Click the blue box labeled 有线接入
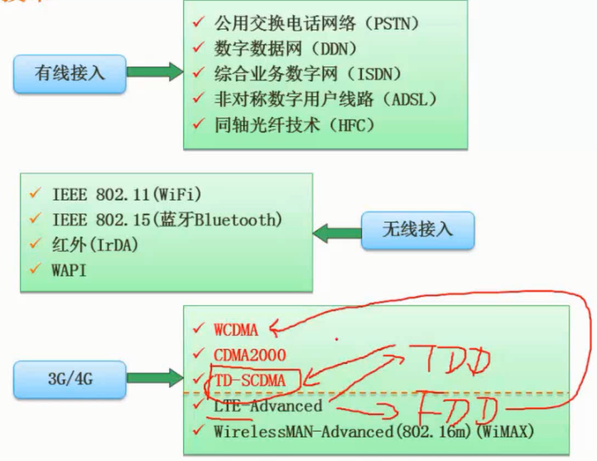[70, 72]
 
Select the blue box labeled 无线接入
[418, 228]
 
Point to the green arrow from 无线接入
[335, 230]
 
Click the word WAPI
[70, 270]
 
